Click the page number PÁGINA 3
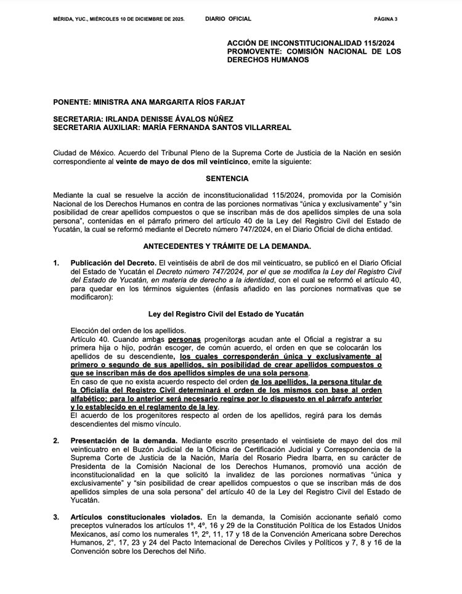tap(386, 19)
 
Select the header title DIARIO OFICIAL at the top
tap(228, 19)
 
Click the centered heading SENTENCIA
tap(228, 179)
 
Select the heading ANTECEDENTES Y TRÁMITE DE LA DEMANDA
tap(227, 246)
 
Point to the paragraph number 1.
tap(56, 263)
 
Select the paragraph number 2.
tap(56, 441)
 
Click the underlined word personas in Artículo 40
tap(185, 340)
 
